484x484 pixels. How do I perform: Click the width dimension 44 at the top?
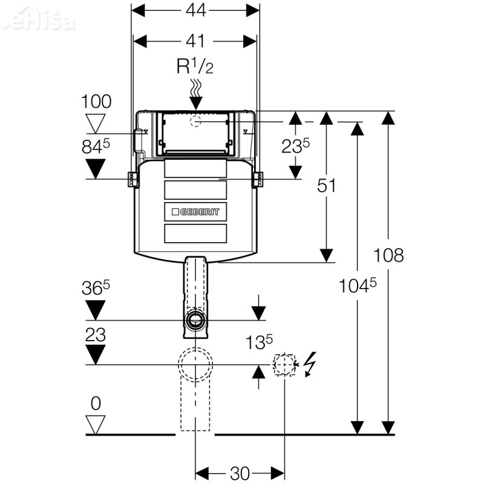tap(195, 10)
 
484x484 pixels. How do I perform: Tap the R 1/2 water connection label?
tap(195, 66)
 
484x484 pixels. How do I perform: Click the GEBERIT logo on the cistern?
tap(195, 212)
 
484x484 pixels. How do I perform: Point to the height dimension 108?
tap(388, 255)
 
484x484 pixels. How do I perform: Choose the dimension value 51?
tap(326, 186)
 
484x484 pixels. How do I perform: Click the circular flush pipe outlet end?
tap(195, 319)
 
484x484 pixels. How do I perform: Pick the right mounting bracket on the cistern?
tap(258, 180)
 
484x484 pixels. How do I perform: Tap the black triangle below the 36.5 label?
tap(96, 310)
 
